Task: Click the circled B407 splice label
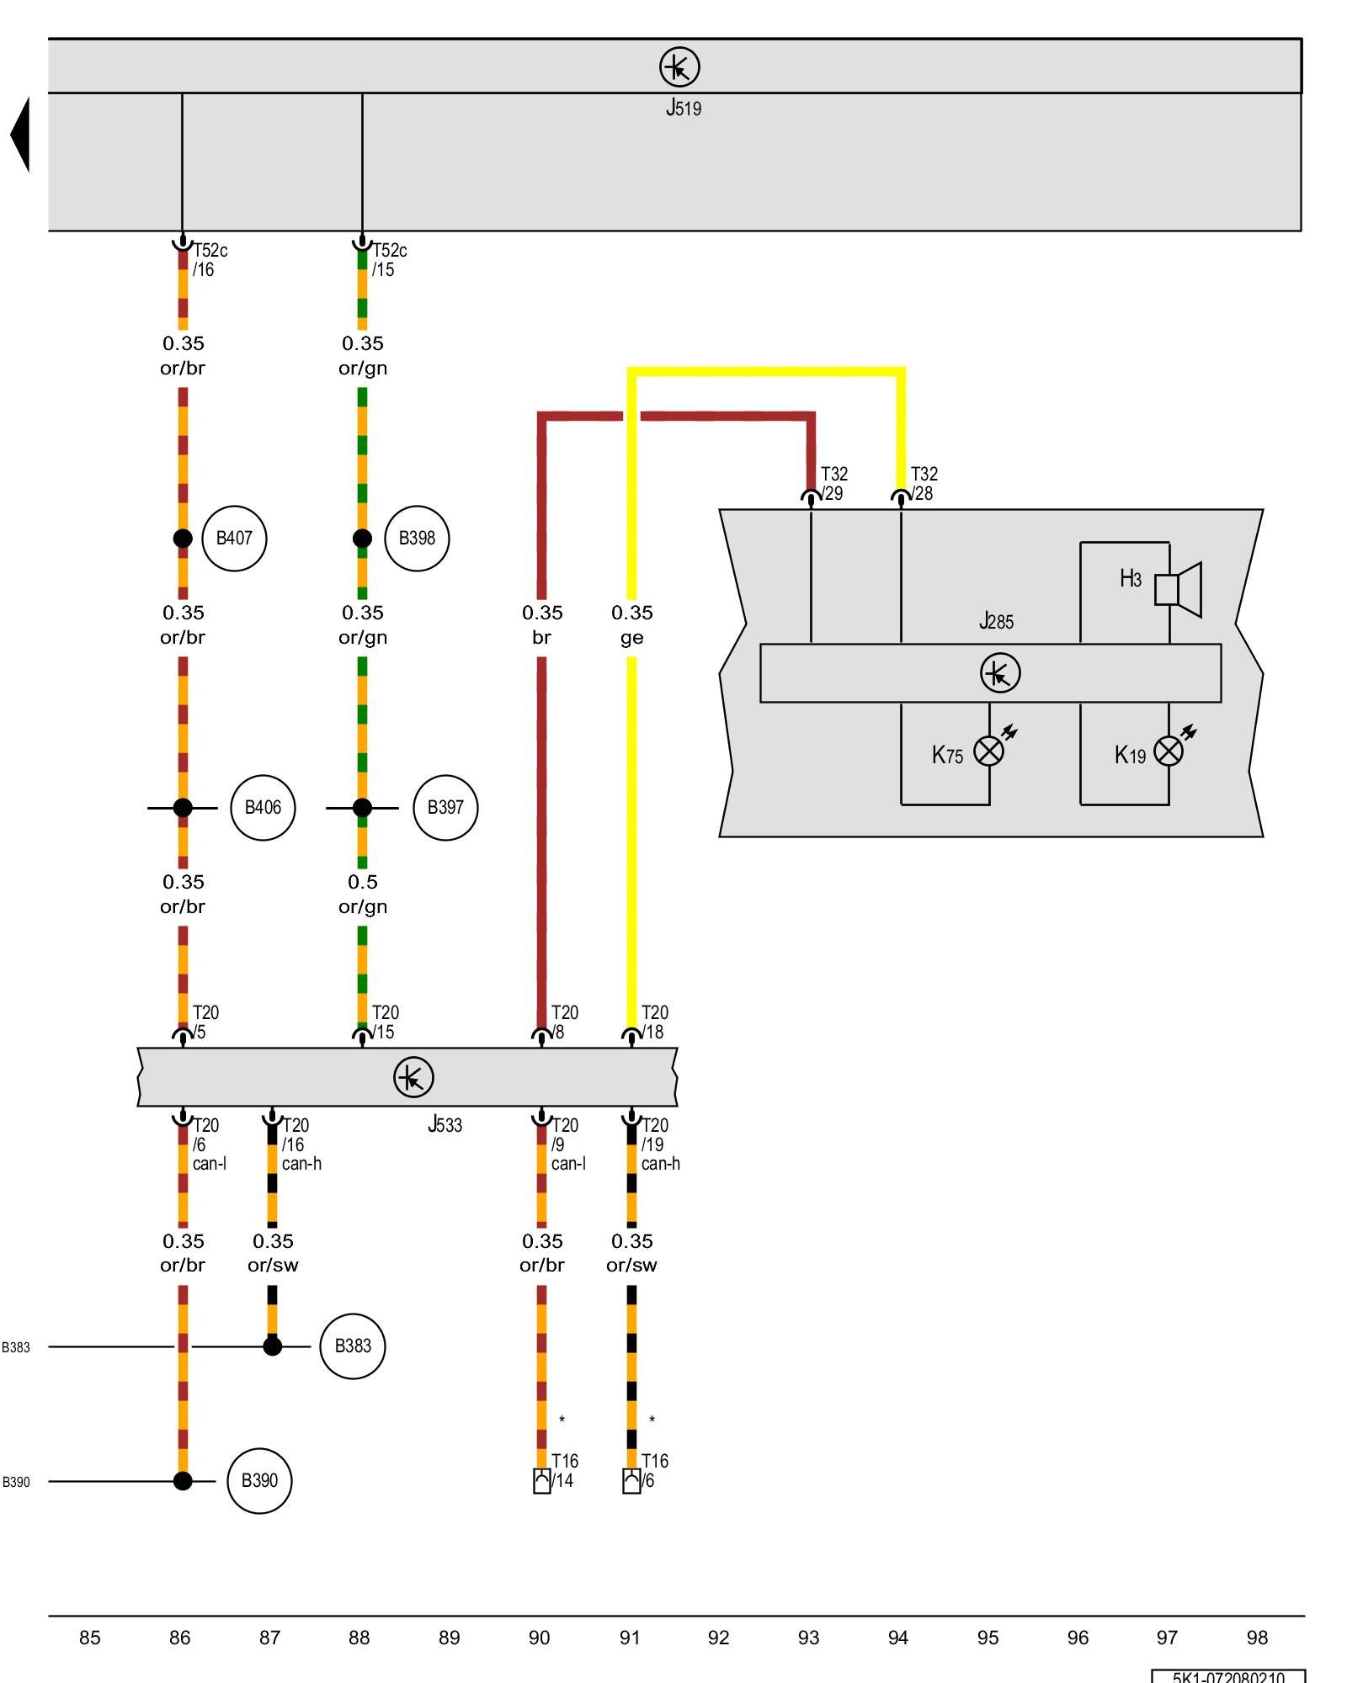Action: [234, 539]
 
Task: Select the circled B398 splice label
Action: [417, 539]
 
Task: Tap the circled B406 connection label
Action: [263, 808]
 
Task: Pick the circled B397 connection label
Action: [445, 808]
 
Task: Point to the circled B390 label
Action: [259, 1481]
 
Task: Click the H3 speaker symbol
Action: [1179, 589]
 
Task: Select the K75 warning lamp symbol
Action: [989, 751]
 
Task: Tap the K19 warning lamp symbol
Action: [1169, 751]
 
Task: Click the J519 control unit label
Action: [683, 108]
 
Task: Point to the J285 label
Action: [996, 622]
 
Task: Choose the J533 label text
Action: [445, 1125]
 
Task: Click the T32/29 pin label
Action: [833, 484]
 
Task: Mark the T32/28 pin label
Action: [924, 484]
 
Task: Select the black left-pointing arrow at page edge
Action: [20, 135]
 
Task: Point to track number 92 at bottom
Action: [718, 1638]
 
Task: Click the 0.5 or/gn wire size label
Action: [363, 894]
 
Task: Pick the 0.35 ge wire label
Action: [631, 624]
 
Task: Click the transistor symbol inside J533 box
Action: [413, 1077]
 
